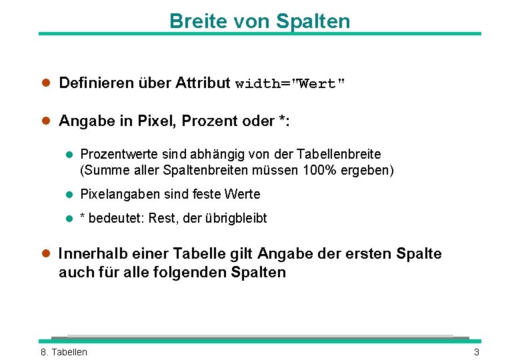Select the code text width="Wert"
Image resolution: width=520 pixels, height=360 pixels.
point(291,84)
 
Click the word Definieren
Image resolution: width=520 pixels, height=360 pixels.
point(96,83)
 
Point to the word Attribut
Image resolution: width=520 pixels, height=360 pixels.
point(203,83)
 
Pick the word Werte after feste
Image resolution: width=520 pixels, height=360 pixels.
point(243,195)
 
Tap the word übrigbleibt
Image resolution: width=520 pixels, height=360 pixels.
point(237,219)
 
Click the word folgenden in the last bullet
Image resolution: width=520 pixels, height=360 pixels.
point(191,273)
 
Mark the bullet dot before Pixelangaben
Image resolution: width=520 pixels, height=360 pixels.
point(69,195)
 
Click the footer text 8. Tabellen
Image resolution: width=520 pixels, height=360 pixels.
point(64,352)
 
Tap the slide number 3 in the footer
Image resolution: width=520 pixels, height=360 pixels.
point(477,352)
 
